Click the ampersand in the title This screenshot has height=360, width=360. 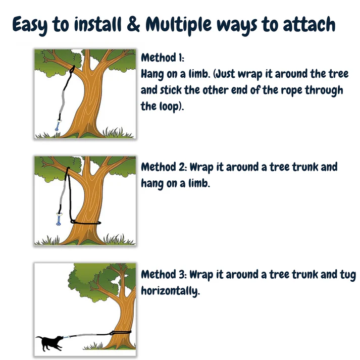133,24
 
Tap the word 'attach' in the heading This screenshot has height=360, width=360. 310,24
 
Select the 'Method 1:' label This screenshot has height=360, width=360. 163,58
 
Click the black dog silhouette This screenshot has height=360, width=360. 49,343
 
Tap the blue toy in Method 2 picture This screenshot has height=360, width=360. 59,219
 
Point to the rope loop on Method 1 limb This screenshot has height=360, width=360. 72,69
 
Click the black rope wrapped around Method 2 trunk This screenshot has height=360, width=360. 85,222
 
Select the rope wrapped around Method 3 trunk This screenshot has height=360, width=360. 120,332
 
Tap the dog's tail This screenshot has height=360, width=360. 39,337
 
